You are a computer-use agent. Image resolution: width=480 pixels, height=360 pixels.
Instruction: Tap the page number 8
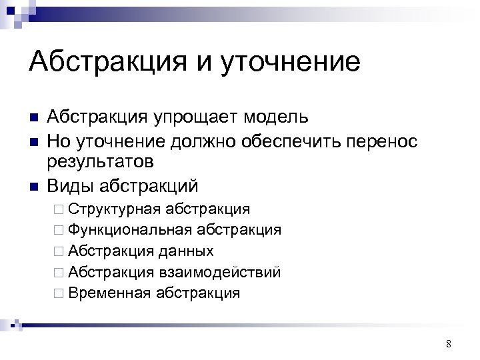tap(448, 344)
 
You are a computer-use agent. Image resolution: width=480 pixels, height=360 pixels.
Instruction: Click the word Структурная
tap(114, 209)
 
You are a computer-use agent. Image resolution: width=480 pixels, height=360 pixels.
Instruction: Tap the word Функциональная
tap(129, 230)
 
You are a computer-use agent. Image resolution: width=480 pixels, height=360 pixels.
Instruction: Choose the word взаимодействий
tap(219, 272)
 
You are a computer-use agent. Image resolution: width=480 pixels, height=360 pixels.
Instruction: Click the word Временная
tap(110, 293)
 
